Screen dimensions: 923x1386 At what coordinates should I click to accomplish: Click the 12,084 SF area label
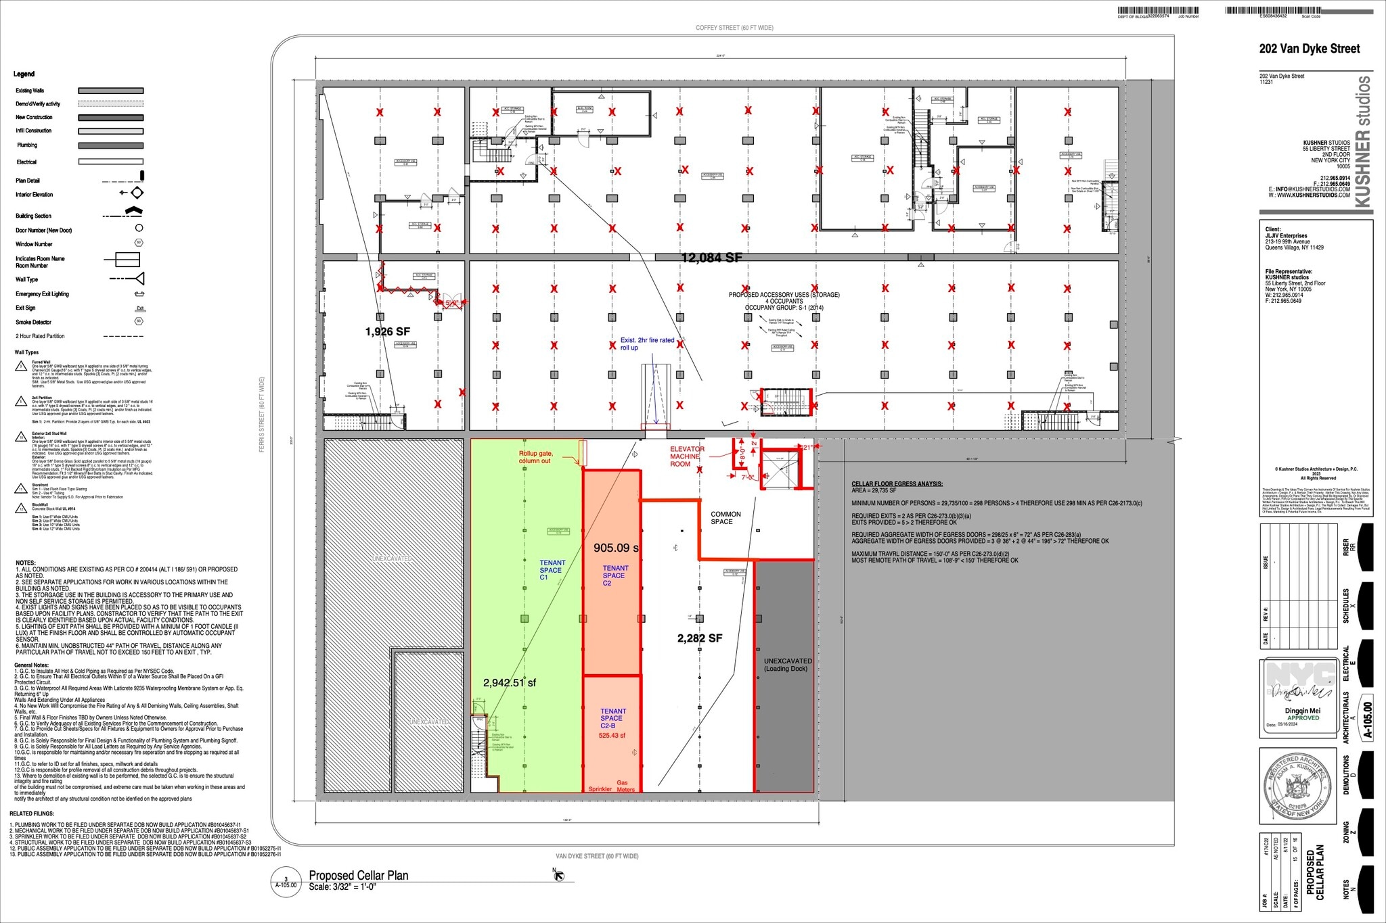point(711,258)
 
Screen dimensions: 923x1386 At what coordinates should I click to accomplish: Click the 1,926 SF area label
point(387,331)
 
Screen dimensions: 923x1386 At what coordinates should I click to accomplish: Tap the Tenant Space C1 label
point(552,570)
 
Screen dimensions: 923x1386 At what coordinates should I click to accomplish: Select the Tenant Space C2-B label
point(612,718)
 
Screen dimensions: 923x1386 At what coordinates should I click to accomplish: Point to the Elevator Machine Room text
point(686,456)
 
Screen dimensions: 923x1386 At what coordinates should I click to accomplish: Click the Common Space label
point(725,518)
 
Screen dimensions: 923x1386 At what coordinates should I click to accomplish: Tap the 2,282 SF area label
point(699,638)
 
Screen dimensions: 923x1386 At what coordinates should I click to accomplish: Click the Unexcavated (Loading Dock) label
point(787,665)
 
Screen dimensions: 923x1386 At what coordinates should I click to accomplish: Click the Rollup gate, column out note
point(535,457)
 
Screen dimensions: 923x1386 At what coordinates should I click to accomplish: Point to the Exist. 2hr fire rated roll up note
point(646,344)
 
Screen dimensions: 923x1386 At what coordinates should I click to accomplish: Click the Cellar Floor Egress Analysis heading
point(896,484)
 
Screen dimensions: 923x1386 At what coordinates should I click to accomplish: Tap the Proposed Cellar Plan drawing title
point(358,875)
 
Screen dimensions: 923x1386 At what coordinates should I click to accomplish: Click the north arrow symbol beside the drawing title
point(558,876)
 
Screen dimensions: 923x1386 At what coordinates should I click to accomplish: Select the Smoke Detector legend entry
point(34,322)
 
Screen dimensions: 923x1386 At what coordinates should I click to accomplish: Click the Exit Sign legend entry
point(26,308)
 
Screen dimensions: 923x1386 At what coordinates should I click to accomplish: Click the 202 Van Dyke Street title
point(1309,49)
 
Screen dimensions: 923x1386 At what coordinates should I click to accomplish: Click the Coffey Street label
point(734,28)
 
